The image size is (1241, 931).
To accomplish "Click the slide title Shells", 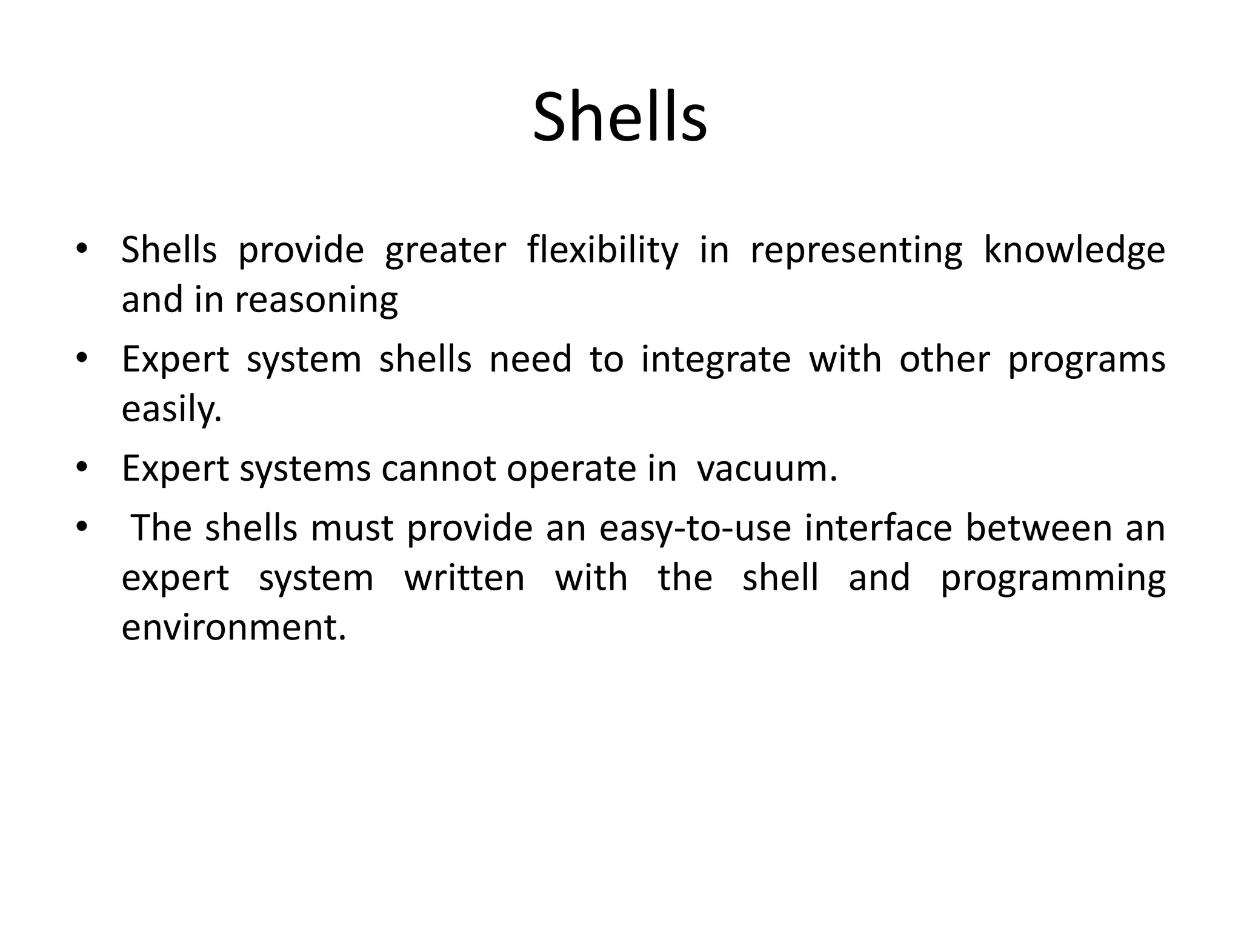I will click(620, 116).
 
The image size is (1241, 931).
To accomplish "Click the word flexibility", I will click(602, 250).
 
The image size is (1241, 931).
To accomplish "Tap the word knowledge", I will click(1074, 250).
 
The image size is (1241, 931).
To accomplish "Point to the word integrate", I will click(716, 359).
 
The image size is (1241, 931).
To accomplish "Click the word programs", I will click(1086, 360).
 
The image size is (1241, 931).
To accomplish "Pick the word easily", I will click(171, 409).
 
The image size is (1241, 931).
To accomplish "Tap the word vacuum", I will click(767, 469).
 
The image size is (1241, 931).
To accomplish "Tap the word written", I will click(464, 577).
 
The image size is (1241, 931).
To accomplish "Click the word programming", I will click(1053, 578).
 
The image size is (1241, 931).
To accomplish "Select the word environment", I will click(233, 627).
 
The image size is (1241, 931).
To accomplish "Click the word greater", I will click(445, 251).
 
